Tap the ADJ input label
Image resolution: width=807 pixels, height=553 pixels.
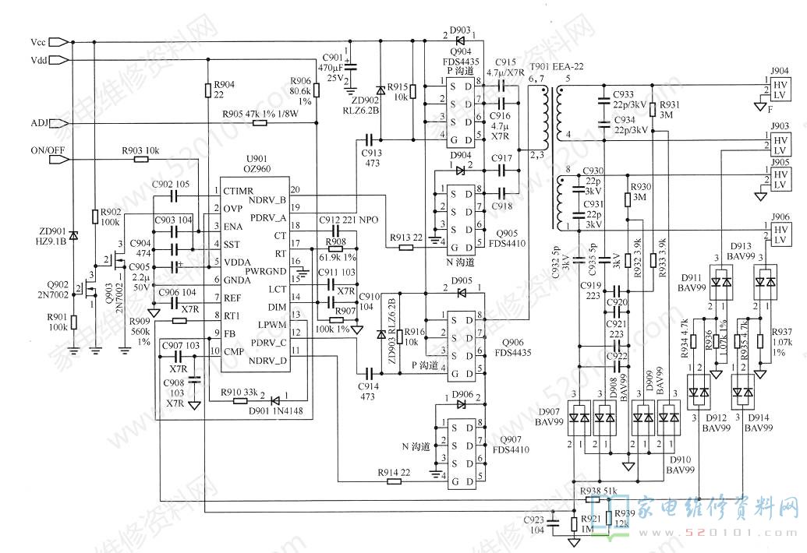coord(40,123)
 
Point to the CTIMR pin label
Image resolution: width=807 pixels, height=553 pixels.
coord(239,191)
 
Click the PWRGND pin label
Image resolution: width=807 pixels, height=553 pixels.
coord(265,271)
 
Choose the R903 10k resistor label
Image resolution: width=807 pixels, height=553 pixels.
coord(140,150)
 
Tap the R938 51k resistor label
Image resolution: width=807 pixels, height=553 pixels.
coord(599,491)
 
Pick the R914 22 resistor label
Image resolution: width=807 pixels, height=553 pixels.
coord(394,473)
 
